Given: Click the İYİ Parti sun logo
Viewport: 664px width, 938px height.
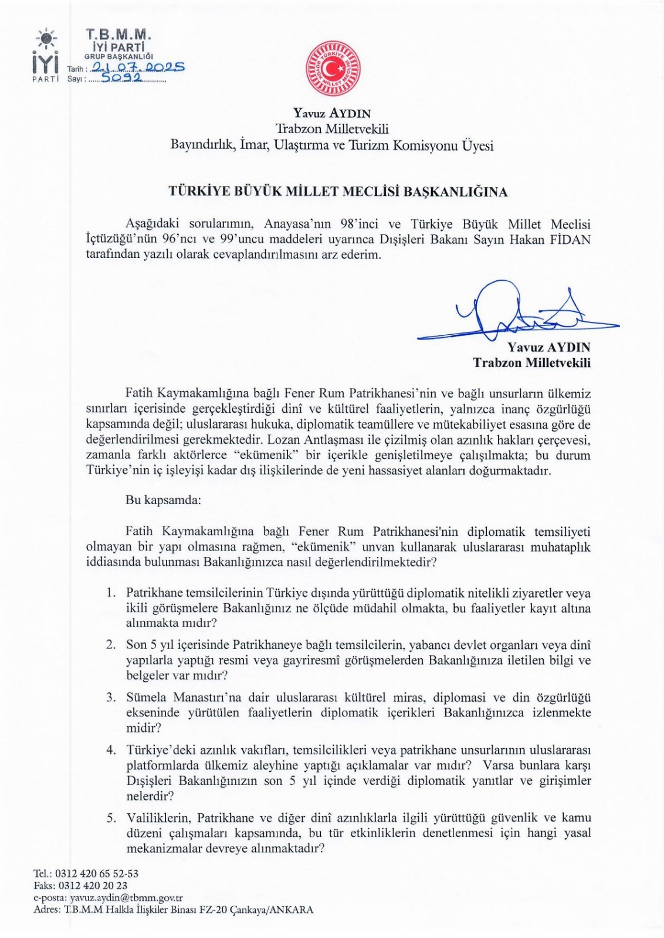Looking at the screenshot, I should click(46, 39).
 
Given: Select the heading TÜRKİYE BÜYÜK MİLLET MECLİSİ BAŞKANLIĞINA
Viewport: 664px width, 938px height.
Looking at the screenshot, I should click(338, 192).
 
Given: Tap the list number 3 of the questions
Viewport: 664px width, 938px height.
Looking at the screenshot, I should click(110, 698).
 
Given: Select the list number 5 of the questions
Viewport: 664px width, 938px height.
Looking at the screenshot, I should click(110, 817).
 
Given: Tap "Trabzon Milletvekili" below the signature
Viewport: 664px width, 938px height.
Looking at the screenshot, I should click(532, 363).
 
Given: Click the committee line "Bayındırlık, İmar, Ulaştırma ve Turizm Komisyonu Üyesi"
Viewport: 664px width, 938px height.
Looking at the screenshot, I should click(332, 145).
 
